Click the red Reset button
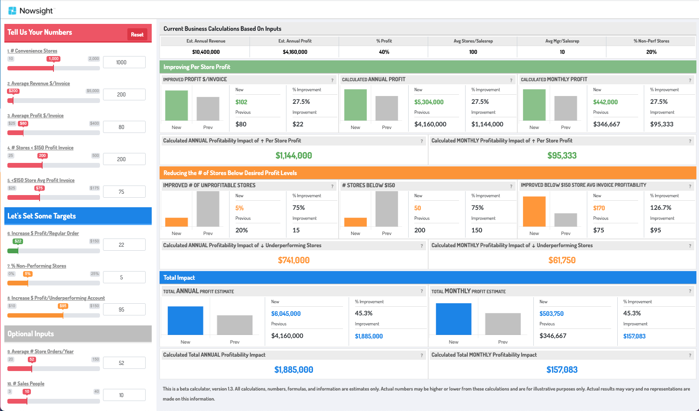pyautogui.click(x=137, y=35)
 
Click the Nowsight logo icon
pyautogui.click(x=12, y=10)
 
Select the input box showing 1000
pyautogui.click(x=124, y=62)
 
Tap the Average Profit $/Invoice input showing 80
pyautogui.click(x=124, y=127)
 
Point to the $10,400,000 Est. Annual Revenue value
pyautogui.click(x=206, y=52)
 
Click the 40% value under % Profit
pyautogui.click(x=384, y=52)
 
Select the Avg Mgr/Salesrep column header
pyautogui.click(x=562, y=41)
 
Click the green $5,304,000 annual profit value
pyautogui.click(x=429, y=102)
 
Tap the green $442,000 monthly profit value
pyautogui.click(x=605, y=102)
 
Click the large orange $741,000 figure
pyautogui.click(x=294, y=260)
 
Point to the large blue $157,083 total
pyautogui.click(x=562, y=370)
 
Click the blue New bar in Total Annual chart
pyautogui.click(x=185, y=321)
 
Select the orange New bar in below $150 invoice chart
pyautogui.click(x=534, y=211)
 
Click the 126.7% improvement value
pyautogui.click(x=660, y=208)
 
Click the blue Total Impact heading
pyautogui.click(x=179, y=278)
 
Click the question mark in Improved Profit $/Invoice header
pyautogui.click(x=332, y=80)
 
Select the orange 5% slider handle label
pyautogui.click(x=28, y=274)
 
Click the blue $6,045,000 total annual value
pyautogui.click(x=286, y=314)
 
